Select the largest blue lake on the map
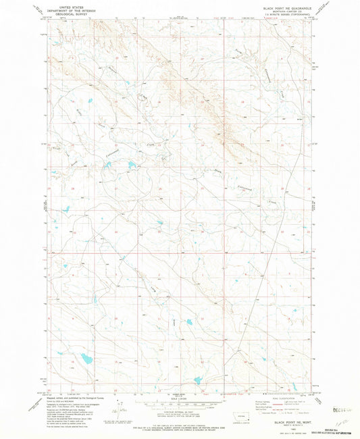click(x=85, y=358)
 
